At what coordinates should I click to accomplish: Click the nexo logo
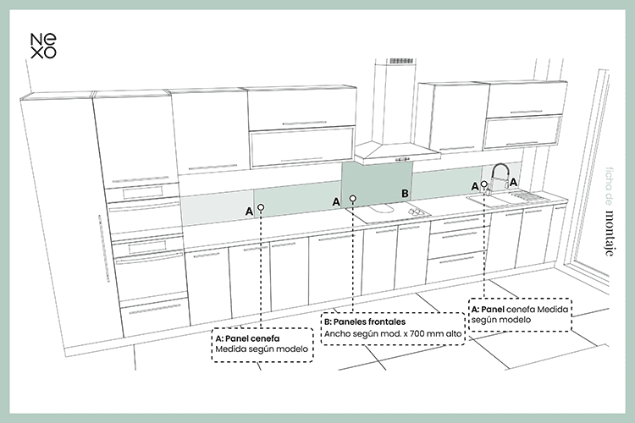point(43,45)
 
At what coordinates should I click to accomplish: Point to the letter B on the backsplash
point(405,194)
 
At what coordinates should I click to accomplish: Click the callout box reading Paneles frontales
point(395,328)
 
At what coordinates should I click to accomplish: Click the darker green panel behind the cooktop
point(375,182)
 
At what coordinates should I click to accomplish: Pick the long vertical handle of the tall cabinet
point(104,250)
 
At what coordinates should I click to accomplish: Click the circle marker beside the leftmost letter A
point(262,206)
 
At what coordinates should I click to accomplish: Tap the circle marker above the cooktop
point(353,200)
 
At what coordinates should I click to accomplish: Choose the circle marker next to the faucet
point(485,184)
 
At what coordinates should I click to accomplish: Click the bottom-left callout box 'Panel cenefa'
point(262,344)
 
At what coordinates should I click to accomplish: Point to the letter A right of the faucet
point(514,182)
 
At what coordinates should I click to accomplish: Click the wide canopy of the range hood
point(396,152)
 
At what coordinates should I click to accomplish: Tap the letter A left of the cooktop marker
point(336,201)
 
